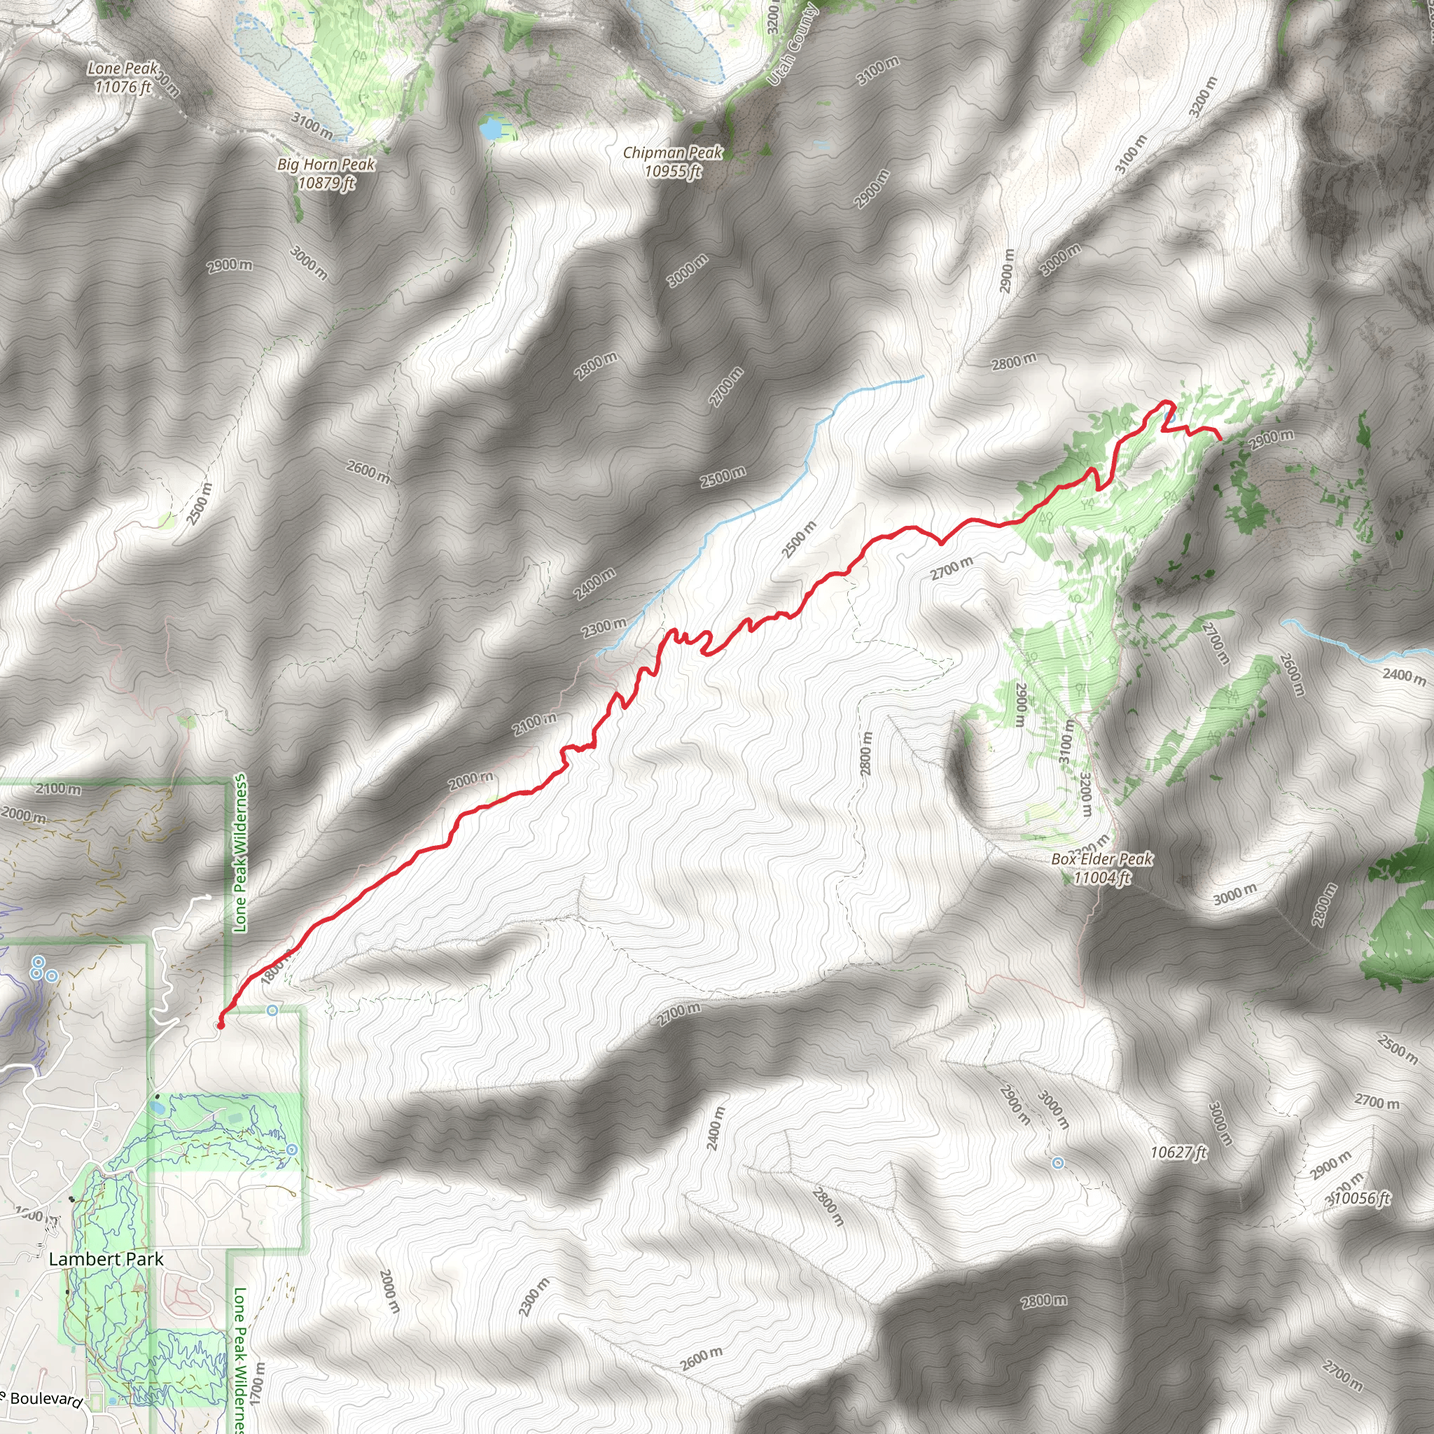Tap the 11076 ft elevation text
click(x=123, y=87)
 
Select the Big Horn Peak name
click(x=326, y=164)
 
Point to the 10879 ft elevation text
click(x=326, y=183)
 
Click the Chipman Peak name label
click(x=672, y=153)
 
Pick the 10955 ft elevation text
click(x=672, y=172)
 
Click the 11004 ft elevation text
click(x=1102, y=878)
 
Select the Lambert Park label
click(x=106, y=1259)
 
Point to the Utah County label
click(x=793, y=45)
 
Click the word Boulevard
click(x=46, y=1399)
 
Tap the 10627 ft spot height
click(x=1178, y=1152)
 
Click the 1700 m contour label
click(x=258, y=1379)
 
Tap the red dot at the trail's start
click(x=220, y=1026)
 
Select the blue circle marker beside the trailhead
click(x=272, y=1010)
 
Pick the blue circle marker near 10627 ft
click(x=1059, y=1163)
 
